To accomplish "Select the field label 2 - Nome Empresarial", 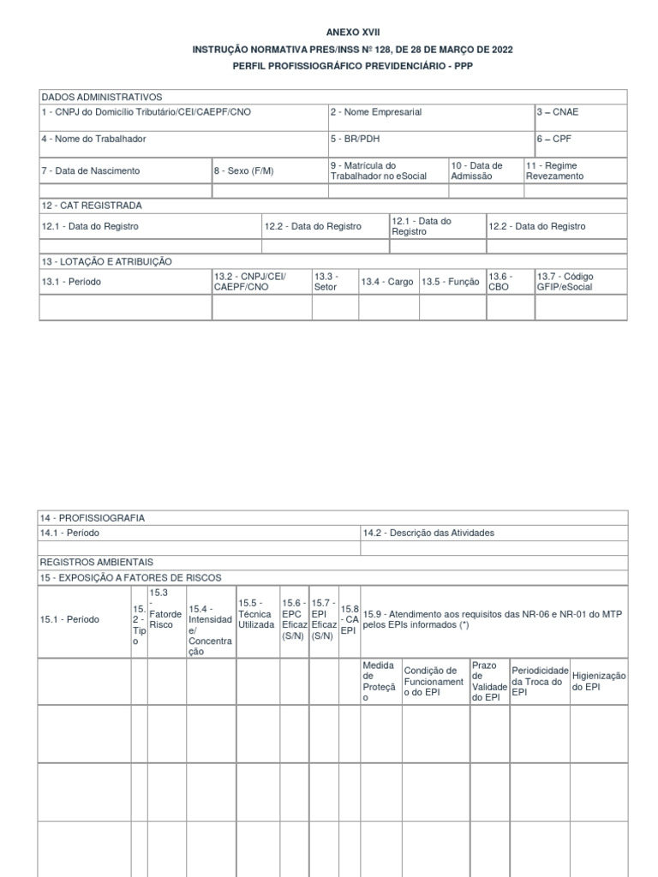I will [376, 112].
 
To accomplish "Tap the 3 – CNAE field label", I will [558, 112].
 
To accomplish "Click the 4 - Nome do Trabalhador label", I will [93, 139].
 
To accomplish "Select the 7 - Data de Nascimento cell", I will [90, 170].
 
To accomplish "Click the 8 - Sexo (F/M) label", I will [244, 170].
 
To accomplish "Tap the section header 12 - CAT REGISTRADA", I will [92, 206].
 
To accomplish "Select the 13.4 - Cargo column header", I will [386, 282].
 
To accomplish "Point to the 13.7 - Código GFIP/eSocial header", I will [565, 282].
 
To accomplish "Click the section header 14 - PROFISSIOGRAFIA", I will [93, 518].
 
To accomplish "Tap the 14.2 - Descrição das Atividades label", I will [428, 533].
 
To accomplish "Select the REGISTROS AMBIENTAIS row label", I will [97, 562].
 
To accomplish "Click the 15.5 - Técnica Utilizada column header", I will [256, 614].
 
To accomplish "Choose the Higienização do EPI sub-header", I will [599, 682].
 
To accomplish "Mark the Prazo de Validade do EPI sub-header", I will [489, 682].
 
